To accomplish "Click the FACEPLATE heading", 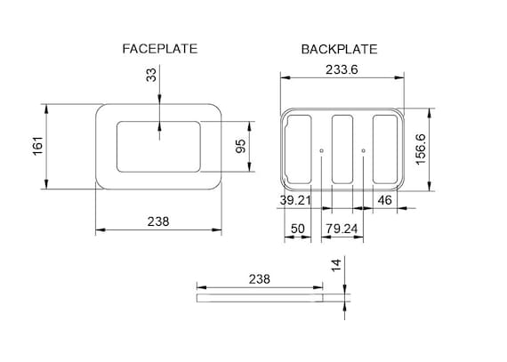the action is pos(160,49).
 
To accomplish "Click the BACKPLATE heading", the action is pos(339,49).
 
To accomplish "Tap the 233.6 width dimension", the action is pos(342,69).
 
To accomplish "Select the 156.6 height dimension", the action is pos(421,149).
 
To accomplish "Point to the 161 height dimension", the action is pos(38,146).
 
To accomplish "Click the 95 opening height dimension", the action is pos(240,146).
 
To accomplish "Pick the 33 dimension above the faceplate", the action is pos(151,75).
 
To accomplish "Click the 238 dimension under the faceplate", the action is pos(158,221).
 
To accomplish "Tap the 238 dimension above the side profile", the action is pos(260,279).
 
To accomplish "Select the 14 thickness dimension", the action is pos(336,265).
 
